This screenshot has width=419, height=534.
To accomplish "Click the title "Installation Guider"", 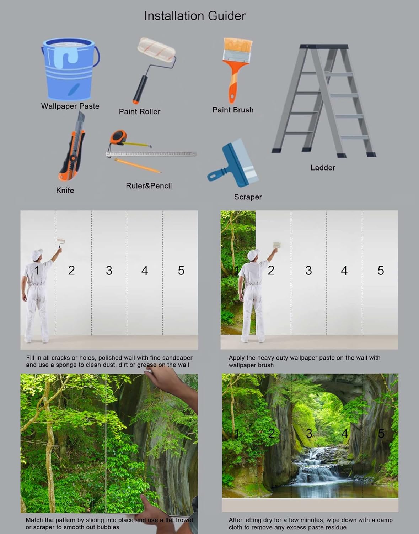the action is [194, 16].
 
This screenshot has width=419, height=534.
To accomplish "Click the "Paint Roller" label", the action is [139, 111].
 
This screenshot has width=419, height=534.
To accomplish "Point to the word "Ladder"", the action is [323, 168].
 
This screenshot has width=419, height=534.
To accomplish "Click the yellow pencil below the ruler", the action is [138, 166].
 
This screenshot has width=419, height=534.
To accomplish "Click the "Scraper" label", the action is [248, 197].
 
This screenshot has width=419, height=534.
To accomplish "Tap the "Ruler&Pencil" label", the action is [149, 186].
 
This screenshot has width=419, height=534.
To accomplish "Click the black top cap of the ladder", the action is [324, 46].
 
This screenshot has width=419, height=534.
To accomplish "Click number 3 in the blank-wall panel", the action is [109, 271].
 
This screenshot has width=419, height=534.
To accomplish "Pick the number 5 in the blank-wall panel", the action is [181, 271].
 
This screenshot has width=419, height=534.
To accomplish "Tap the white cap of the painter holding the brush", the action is [253, 255].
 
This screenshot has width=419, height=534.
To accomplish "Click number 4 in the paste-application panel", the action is [344, 271].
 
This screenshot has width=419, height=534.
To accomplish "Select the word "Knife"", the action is [65, 190].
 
